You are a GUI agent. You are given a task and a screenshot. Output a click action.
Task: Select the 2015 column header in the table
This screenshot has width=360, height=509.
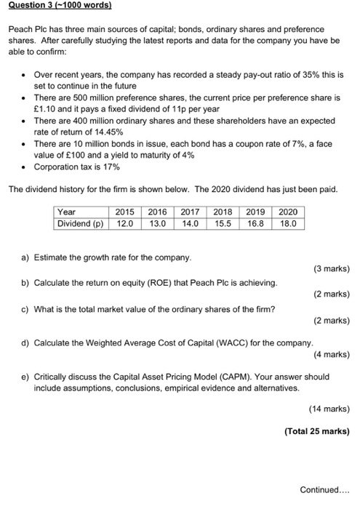point(125,212)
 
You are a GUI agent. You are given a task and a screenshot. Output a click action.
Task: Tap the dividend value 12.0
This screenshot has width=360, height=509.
point(125,224)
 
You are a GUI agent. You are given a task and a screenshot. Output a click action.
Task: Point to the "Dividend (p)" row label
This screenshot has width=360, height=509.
point(81,224)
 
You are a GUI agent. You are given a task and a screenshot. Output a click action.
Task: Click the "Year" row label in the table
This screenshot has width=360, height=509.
point(67,212)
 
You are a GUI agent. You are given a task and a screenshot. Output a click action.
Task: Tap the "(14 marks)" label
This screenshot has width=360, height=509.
point(327,409)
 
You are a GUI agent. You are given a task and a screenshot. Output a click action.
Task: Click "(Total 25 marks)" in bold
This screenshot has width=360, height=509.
point(317,430)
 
